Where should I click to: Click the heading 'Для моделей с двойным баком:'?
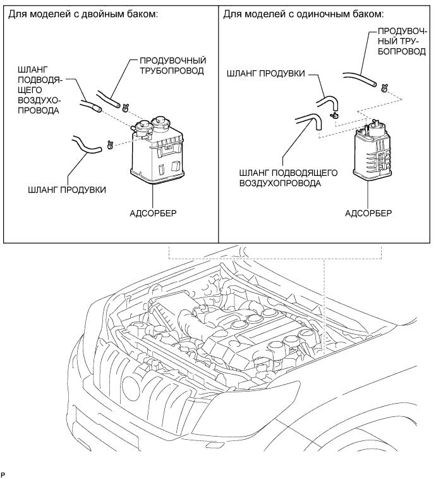(x=83, y=14)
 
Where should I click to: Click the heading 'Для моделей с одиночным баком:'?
(x=303, y=14)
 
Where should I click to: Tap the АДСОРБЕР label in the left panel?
(x=153, y=213)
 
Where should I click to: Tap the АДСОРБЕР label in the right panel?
(x=368, y=213)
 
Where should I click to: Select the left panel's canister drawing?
(x=157, y=151)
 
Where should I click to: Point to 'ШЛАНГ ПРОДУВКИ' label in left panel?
(x=67, y=190)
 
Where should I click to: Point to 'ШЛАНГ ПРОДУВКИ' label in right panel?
(x=266, y=73)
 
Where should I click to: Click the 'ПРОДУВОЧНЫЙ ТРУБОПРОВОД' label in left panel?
(x=173, y=65)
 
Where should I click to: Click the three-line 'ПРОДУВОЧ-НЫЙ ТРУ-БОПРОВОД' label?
(x=402, y=41)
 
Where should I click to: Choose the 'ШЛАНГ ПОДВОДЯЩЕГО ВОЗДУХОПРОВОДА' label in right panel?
(x=288, y=178)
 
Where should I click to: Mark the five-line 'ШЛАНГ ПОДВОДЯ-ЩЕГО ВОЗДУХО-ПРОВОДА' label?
(x=40, y=90)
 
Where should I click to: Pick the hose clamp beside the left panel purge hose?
(x=110, y=145)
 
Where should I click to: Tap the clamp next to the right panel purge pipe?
(x=384, y=88)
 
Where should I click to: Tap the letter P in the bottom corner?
(x=3, y=475)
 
